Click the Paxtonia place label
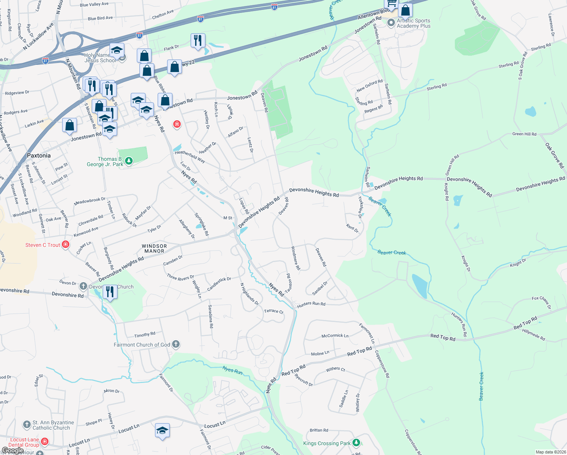click(39, 155)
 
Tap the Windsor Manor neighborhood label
click(154, 248)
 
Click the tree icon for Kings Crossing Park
click(356, 443)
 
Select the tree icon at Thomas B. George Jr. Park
click(129, 161)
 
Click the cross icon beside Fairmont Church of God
click(175, 344)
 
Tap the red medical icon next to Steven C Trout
click(66, 245)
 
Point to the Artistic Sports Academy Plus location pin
click(391, 23)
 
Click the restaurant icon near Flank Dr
click(198, 40)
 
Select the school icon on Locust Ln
click(162, 431)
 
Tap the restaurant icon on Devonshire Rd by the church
click(110, 292)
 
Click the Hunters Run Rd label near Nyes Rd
click(311, 304)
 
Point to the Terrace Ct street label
click(273, 311)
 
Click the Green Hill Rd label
click(524, 134)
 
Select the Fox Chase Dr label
click(541, 302)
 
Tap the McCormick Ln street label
click(335, 336)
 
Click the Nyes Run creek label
click(232, 370)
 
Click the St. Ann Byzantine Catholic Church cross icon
click(27, 425)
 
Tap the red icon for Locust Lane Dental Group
click(45, 442)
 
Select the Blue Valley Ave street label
click(94, 5)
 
